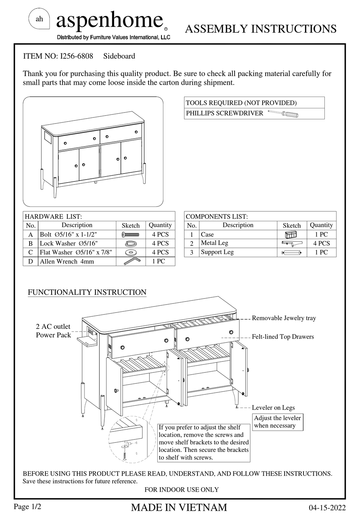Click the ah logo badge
[39, 19]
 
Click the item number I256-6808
[75, 56]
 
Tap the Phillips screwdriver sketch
[283, 113]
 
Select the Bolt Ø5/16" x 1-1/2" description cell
[77, 234]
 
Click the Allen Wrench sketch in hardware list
[131, 261]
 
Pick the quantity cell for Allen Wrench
[160, 261]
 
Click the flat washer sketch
[131, 252]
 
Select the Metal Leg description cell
[238, 243]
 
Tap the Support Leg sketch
[291, 252]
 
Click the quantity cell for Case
[321, 234]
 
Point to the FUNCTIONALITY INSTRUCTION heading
[87, 292]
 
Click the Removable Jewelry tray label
[284, 318]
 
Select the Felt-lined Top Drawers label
[283, 337]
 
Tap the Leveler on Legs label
[273, 408]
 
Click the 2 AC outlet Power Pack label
[53, 331]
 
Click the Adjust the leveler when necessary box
[277, 422]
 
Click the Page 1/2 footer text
[27, 506]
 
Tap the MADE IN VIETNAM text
[179, 508]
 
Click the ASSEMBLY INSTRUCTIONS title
[261, 29]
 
